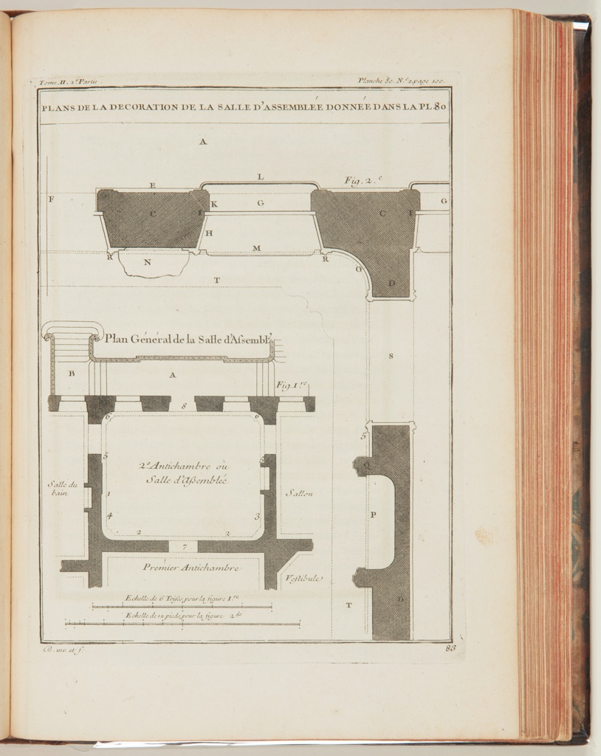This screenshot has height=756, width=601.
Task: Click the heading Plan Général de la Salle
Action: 189,340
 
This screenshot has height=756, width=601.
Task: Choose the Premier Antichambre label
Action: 190,568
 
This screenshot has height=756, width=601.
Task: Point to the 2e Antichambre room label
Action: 184,472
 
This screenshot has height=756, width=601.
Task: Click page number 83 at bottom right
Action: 451,648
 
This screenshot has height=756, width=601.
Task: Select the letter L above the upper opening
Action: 260,177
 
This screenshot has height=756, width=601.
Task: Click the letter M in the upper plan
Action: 256,248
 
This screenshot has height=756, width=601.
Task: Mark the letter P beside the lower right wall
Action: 372,515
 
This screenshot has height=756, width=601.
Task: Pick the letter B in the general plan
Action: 72,374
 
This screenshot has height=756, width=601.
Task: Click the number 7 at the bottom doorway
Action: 184,547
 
